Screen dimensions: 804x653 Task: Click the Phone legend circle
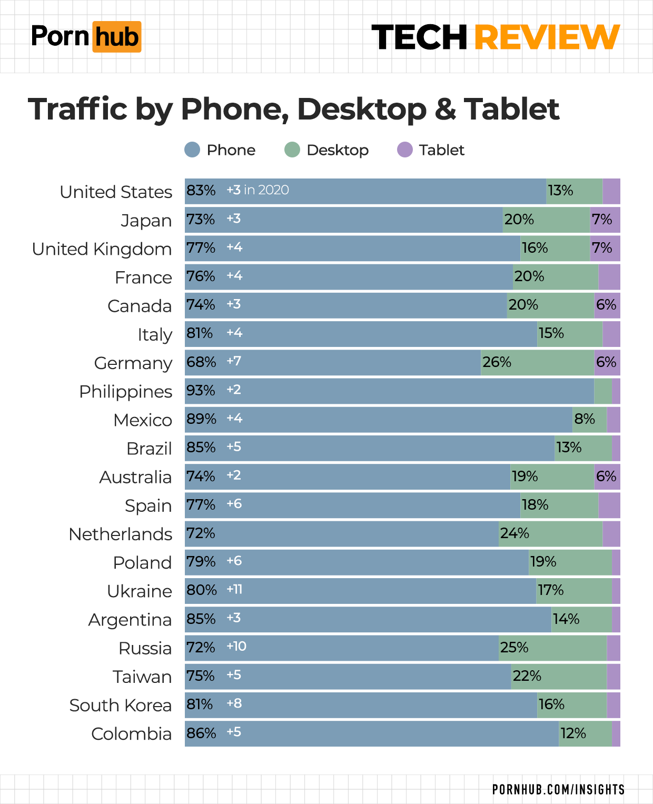[192, 150]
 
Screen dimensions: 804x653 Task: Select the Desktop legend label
[338, 150]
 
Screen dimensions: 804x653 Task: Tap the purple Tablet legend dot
[404, 150]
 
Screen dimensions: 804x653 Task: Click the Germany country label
[133, 363]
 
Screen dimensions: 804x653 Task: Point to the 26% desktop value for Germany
[497, 362]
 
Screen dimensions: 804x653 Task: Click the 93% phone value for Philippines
[201, 391]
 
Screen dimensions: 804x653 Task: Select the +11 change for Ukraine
[234, 589]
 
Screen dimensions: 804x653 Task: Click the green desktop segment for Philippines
[603, 391]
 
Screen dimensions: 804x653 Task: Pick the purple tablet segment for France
[609, 277]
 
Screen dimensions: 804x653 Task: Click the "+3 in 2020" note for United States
[258, 190]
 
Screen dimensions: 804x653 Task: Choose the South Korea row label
[121, 706]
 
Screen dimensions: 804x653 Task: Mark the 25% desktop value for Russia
[514, 647]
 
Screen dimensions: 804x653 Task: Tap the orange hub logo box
[117, 37]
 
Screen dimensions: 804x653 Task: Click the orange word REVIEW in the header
[547, 37]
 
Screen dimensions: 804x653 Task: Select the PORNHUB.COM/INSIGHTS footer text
[558, 789]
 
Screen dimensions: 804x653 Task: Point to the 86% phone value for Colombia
[201, 733]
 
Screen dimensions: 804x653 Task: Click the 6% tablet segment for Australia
[606, 477]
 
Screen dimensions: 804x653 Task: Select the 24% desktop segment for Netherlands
[550, 534]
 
